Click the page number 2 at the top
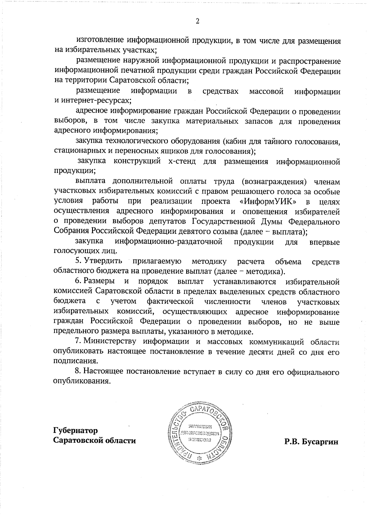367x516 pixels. coord(197,21)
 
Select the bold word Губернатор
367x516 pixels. coord(76,430)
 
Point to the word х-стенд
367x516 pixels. coord(182,161)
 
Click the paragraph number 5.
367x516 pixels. coord(78,261)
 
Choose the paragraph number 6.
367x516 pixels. coord(78,281)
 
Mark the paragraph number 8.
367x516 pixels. coord(78,372)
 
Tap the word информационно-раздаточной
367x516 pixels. coord(168,242)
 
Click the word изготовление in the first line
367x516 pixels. coord(100,40)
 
